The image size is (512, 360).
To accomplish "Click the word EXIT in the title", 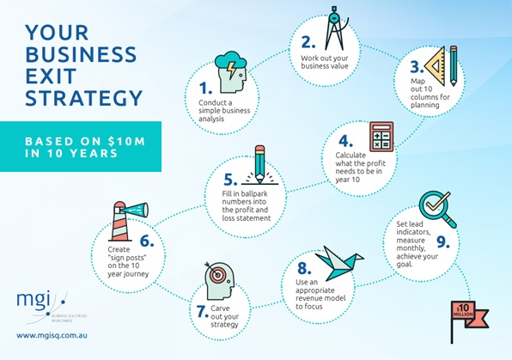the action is point(51,76).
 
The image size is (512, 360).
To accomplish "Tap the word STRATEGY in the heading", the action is point(84,98).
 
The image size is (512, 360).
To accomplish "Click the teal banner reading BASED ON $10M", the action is point(81,147).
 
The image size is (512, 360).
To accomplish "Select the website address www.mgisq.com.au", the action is point(52,335).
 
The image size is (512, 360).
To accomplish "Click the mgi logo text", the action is point(34,300).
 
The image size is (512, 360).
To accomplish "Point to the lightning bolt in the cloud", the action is point(231,70).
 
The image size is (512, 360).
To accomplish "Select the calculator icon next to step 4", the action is point(381,137).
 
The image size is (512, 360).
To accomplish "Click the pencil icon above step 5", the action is point(260,164).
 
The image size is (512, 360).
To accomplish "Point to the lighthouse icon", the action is point(128,221).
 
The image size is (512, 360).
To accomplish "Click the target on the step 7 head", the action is point(216,274).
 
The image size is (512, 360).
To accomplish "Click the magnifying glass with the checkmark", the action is point(436,209).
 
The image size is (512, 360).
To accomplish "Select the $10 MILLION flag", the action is point(469,321).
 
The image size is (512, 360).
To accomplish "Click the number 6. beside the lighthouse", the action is point(147,241).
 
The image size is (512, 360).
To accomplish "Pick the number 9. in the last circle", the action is point(443,242).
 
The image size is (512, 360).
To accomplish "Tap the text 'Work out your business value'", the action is point(325,62).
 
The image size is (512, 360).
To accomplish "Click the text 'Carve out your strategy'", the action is point(225,316).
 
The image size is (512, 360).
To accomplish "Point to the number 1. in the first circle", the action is point(205,88).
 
